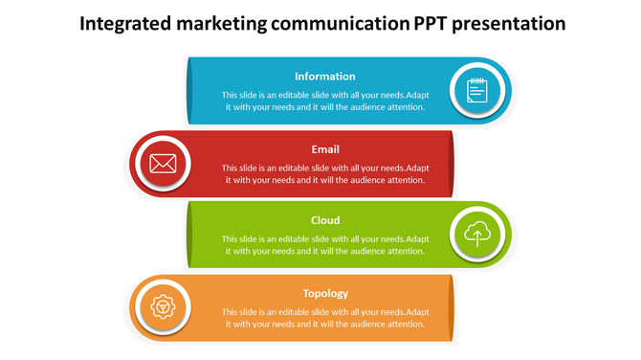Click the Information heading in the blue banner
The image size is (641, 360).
[325, 77]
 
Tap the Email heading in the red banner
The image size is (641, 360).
[325, 149]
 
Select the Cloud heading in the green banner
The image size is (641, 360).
[325, 221]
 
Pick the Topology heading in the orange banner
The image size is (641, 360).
[325, 293]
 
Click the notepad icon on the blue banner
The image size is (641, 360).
[476, 90]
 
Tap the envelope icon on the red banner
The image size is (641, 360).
[163, 163]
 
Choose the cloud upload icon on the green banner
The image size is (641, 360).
[476, 234]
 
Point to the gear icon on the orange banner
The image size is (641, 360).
[163, 306]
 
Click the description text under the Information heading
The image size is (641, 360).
[325, 101]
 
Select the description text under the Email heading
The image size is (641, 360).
[325, 173]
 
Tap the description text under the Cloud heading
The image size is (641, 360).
[325, 245]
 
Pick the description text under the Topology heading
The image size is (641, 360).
[325, 318]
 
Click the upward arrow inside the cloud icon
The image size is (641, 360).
[476, 235]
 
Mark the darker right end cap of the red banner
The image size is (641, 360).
[450, 163]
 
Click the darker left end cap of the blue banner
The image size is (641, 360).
[189, 90]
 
